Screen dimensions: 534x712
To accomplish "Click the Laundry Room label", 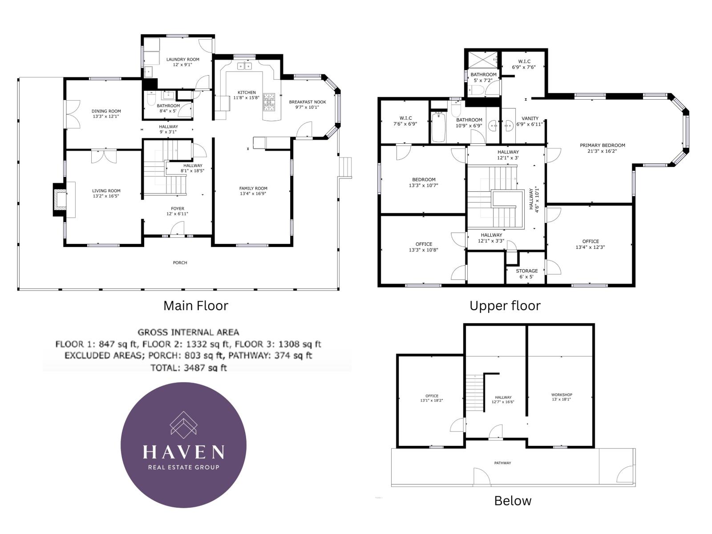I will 182,59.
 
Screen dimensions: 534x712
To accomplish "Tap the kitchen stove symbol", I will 269,102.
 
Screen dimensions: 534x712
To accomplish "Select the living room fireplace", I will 60,200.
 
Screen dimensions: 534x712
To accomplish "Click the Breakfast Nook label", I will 307,102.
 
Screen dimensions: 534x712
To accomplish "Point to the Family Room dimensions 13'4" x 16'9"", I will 253,194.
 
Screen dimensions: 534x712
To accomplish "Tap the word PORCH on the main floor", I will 180,263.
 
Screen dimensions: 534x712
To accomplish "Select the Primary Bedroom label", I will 602,145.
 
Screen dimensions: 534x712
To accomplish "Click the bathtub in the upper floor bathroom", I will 438,127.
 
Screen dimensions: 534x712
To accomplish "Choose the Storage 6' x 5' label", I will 526,271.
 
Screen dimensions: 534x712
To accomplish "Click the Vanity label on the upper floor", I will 530,118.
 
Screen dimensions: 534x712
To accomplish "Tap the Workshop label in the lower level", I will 561,395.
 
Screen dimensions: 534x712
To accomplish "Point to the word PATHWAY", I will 502,463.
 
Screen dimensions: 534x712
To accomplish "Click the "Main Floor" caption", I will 195,306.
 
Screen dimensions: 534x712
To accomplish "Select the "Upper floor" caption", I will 505,306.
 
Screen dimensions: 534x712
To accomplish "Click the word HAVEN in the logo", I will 183,452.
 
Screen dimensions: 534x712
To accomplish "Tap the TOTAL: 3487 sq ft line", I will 189,368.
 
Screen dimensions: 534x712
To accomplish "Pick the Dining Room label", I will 106,111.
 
